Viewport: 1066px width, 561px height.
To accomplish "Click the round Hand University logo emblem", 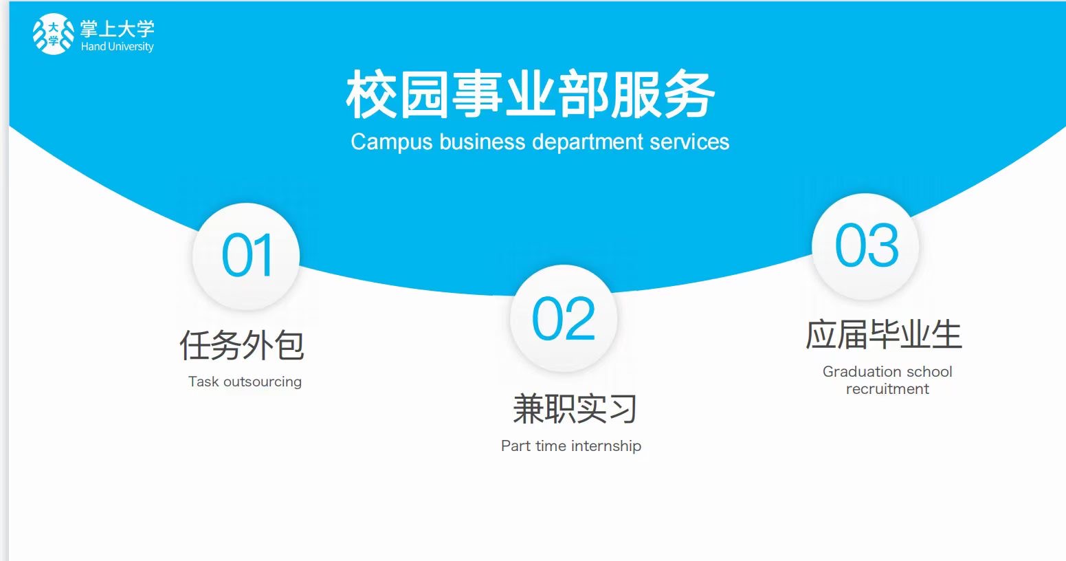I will [53, 34].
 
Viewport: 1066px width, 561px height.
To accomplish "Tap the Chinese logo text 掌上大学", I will [118, 29].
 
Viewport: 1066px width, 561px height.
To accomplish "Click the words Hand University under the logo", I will [118, 47].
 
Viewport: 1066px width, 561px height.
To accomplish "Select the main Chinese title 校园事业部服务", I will [531, 95].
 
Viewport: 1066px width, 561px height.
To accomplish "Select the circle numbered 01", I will [246, 256].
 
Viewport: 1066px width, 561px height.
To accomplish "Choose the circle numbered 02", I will [564, 318].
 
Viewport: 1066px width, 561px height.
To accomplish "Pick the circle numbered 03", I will [866, 246].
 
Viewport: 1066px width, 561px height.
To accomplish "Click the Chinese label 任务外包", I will [242, 345].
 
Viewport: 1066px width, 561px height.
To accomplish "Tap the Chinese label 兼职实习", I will [575, 409].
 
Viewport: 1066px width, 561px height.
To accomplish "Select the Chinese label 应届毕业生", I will [884, 335].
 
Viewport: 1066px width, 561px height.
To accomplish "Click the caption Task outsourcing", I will [245, 382].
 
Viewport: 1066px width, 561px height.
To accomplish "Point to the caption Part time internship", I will [570, 446].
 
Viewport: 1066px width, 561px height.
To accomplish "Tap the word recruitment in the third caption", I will [887, 389].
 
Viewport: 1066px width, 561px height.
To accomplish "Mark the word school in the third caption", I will [929, 372].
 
